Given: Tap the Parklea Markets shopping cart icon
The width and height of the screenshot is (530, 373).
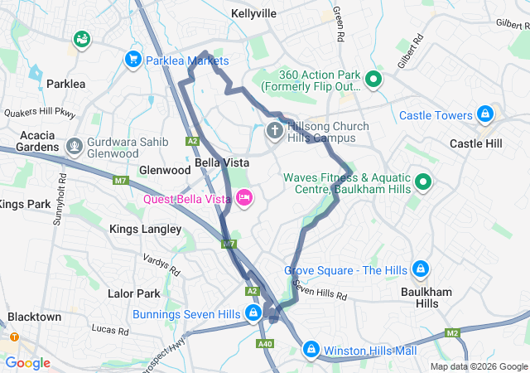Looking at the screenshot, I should [x=132, y=60].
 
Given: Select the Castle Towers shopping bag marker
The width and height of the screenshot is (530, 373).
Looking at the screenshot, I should [x=485, y=115].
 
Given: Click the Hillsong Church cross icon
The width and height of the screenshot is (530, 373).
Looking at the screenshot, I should [x=274, y=131].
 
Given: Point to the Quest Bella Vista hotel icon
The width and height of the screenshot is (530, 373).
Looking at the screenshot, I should [x=244, y=197].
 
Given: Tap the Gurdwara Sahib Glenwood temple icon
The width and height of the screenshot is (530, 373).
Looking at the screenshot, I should [x=75, y=147].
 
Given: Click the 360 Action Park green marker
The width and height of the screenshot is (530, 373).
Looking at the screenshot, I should [x=373, y=80].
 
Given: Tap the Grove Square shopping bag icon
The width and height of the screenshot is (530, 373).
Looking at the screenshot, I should [x=421, y=269].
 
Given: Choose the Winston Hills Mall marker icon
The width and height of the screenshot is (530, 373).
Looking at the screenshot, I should [x=311, y=350].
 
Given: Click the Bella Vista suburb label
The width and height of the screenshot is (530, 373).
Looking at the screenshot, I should [x=218, y=163].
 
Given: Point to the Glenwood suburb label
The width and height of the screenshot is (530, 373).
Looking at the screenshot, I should [x=165, y=170].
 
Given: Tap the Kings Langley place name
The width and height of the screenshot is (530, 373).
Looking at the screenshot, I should [x=146, y=229].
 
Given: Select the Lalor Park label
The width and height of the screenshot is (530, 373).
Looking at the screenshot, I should [x=134, y=293].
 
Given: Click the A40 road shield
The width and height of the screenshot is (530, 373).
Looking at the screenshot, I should [x=265, y=344].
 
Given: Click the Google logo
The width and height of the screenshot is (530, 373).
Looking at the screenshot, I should [x=28, y=363].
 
